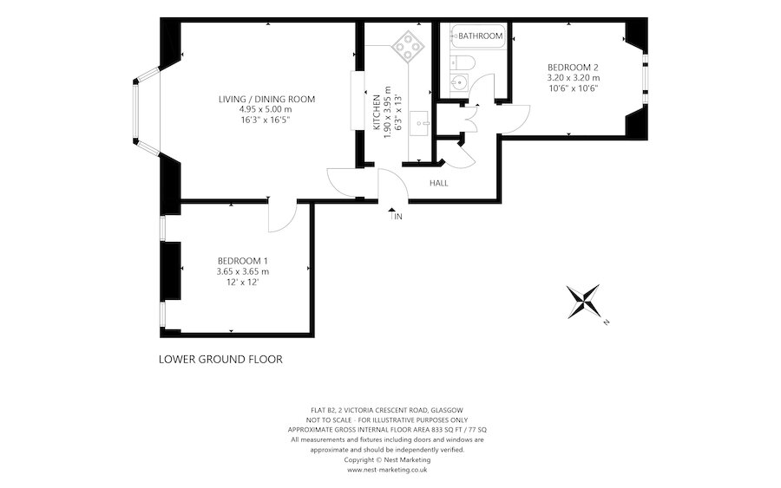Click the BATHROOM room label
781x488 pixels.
[480, 36]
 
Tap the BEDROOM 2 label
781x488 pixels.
[573, 67]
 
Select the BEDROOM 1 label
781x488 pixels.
[243, 261]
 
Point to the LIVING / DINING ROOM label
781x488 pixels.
[267, 99]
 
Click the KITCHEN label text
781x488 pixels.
[377, 113]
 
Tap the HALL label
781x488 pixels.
[439, 183]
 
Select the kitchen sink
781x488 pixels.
[420, 123]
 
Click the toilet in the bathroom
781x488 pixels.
[463, 62]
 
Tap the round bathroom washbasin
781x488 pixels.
[459, 81]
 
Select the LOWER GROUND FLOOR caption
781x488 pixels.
[220, 359]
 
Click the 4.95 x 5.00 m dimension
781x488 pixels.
[267, 109]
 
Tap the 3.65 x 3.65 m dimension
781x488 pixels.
[243, 271]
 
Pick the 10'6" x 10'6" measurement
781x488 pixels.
[573, 88]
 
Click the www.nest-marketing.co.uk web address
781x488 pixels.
[387, 470]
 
